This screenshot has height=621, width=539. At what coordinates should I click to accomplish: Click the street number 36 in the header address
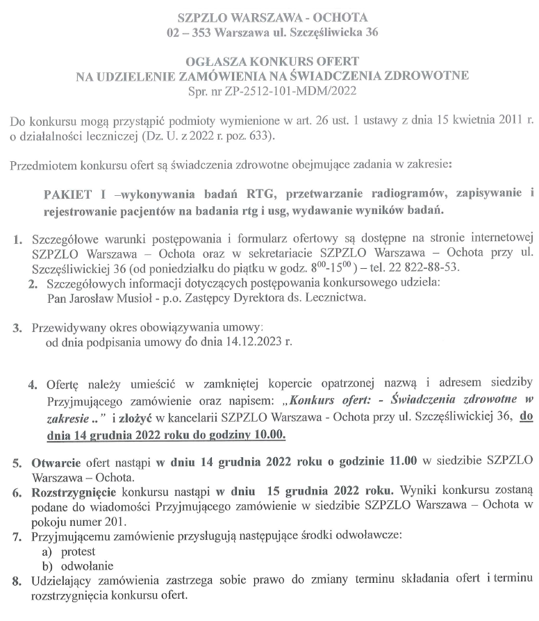point(371,32)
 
